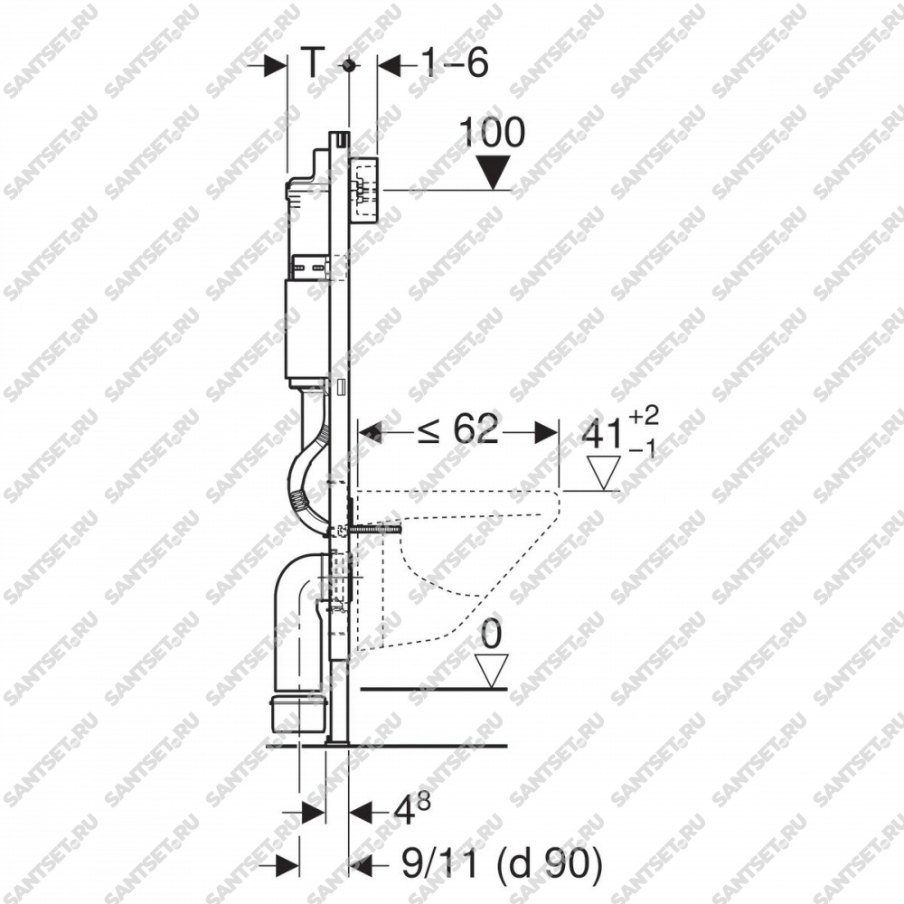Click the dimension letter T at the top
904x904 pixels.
tap(312, 62)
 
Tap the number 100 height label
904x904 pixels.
tap(493, 132)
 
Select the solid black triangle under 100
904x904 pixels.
tap(493, 172)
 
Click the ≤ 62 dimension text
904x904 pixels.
tap(459, 429)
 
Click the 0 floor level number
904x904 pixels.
tap(491, 635)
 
